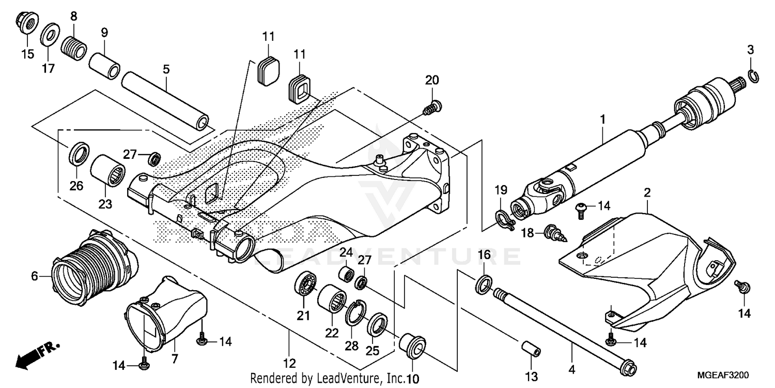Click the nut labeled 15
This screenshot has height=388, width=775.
(x=26, y=23)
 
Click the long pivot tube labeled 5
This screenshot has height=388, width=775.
(x=165, y=101)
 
